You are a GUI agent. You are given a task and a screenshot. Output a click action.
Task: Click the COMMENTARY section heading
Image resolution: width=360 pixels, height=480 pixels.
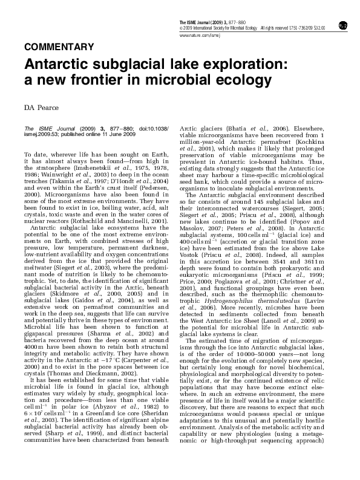coord(59,46)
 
